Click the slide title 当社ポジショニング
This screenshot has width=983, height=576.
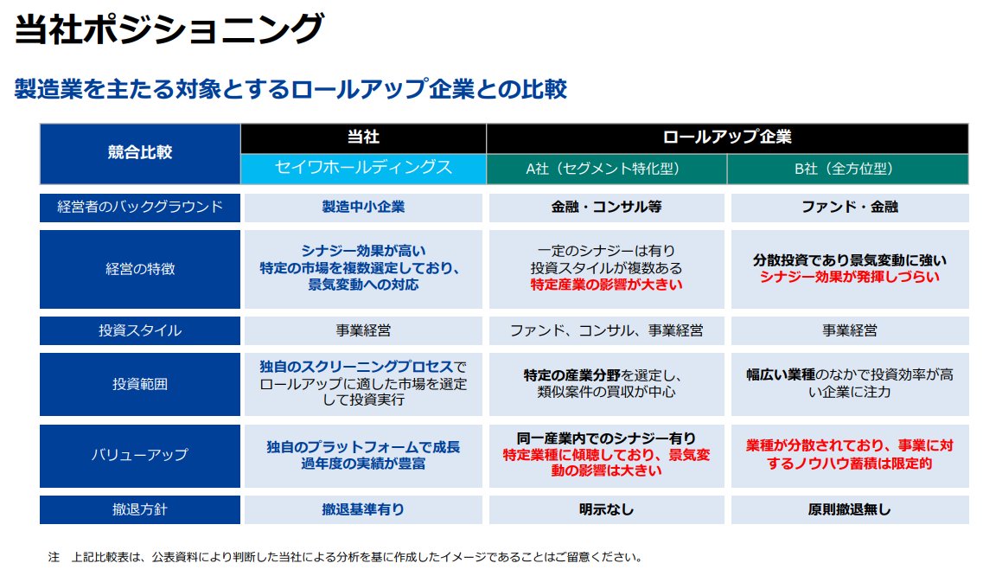tap(169, 30)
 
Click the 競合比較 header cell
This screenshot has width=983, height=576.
tap(139, 152)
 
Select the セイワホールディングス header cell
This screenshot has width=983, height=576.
tap(363, 167)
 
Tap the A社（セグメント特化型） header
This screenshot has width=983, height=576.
tap(606, 169)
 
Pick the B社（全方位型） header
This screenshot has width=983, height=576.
tap(844, 169)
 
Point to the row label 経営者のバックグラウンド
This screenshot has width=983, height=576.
tap(139, 207)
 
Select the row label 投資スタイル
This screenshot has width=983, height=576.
tap(139, 330)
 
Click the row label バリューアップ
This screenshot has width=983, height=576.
tap(139, 454)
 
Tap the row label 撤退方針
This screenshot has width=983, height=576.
tap(139, 509)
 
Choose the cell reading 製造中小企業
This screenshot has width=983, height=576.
tap(363, 208)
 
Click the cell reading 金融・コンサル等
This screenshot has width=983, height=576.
tap(606, 208)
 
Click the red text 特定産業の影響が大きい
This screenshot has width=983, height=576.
tap(606, 285)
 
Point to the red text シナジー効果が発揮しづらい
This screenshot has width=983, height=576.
tap(849, 277)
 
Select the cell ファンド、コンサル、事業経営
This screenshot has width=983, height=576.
tap(606, 330)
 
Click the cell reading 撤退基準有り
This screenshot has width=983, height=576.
tap(363, 509)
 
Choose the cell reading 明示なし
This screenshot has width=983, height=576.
tap(606, 509)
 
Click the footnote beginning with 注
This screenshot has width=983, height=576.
tap(346, 557)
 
